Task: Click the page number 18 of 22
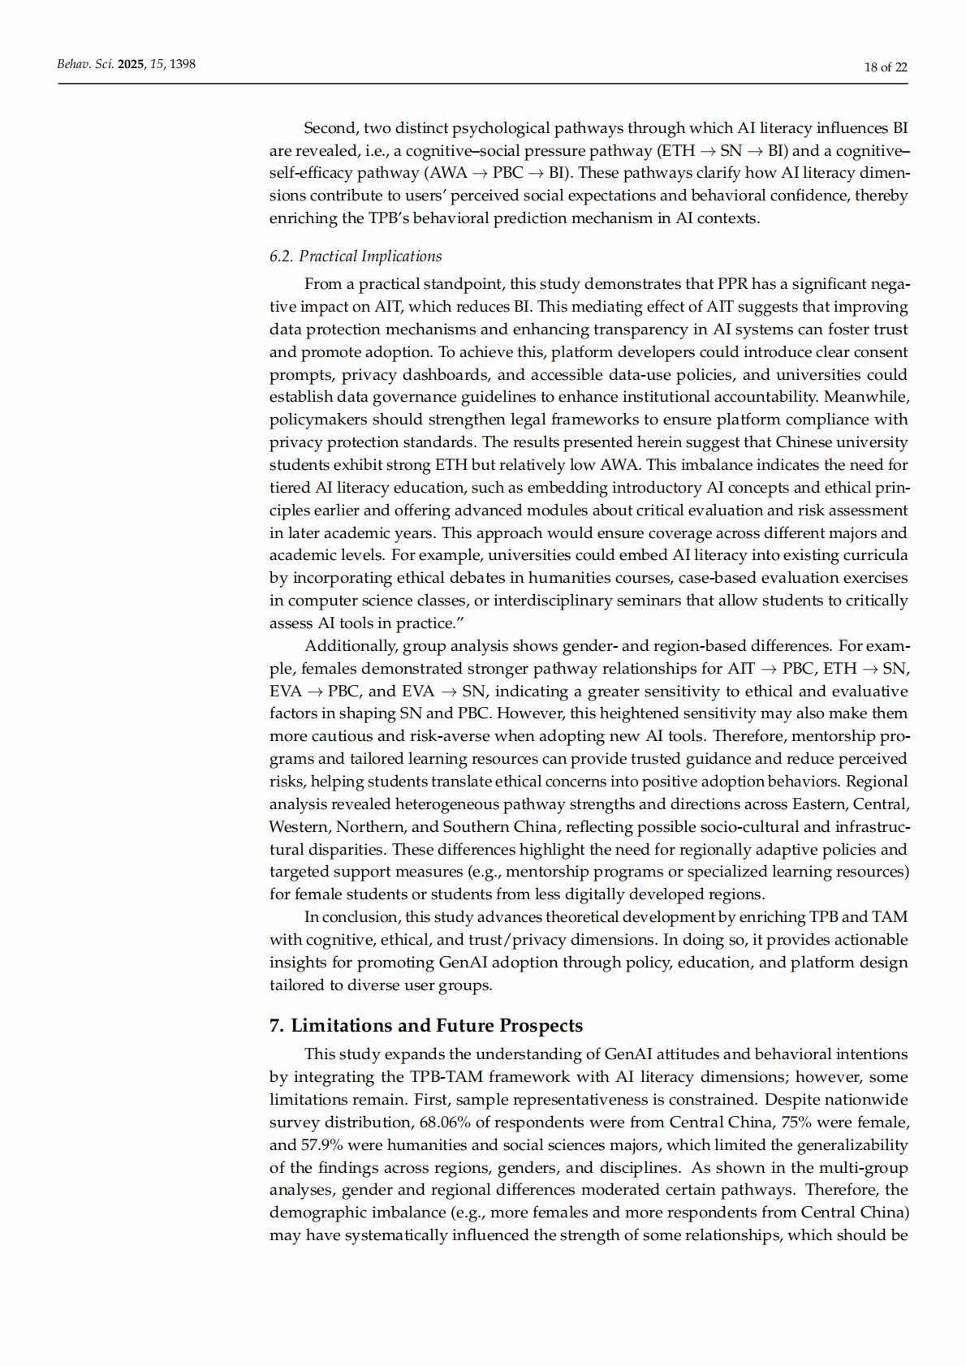coord(885,67)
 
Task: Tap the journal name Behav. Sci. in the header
coord(85,64)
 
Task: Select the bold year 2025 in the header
coord(131,64)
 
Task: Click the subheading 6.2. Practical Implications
coord(356,256)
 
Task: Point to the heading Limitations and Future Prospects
coord(436,1025)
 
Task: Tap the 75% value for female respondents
coord(797,1123)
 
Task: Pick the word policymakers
coord(317,420)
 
